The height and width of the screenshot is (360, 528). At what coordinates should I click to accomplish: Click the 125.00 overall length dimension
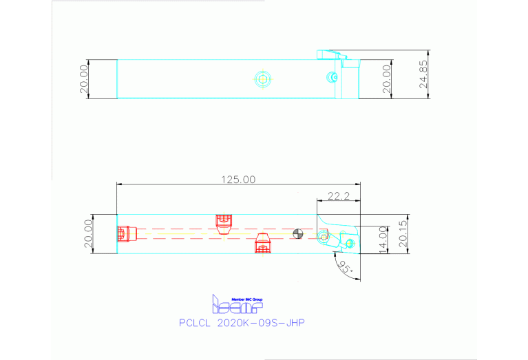(238, 179)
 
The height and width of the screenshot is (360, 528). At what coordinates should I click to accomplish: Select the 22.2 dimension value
(337, 196)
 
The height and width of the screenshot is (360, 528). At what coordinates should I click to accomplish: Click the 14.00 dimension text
(384, 240)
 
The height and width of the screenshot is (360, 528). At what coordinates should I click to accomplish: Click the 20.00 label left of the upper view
(84, 79)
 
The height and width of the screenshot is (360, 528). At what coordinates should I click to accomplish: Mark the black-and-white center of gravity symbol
(297, 234)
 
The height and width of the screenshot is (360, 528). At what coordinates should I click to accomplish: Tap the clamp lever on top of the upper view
(332, 54)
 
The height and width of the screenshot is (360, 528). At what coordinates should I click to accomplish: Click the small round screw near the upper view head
(333, 77)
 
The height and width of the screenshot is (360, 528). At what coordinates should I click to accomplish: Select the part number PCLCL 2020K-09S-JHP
(241, 321)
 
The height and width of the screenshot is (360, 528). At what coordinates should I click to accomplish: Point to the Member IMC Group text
(246, 299)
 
